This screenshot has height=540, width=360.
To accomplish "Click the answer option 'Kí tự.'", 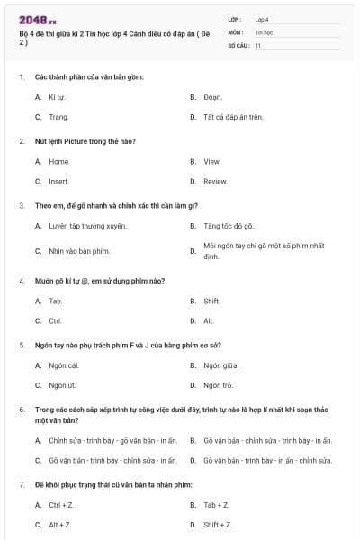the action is coord(57,96).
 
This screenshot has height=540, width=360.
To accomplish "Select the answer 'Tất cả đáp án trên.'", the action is coord(232,117).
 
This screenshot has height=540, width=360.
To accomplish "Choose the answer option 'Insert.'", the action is coord(58,181).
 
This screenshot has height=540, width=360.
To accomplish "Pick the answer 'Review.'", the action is coord(215,181).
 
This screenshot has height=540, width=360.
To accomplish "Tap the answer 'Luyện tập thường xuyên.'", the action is coord(87,226).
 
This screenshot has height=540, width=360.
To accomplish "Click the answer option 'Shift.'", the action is coord(211,301).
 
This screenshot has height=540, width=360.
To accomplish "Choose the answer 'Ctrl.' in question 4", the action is coord(55,320).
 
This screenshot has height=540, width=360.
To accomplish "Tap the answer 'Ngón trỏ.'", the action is coord(218,385).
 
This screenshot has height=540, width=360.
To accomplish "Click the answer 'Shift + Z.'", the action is coord(217,525).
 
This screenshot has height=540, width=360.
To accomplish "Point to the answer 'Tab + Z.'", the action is coord(216,505).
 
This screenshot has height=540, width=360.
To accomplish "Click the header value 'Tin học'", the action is coord(263,31).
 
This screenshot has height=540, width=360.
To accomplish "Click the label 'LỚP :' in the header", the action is coord(235,19).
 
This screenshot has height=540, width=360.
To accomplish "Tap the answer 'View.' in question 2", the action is coord(211,161).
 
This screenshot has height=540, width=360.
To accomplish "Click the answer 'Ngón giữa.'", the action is coord(220,365).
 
